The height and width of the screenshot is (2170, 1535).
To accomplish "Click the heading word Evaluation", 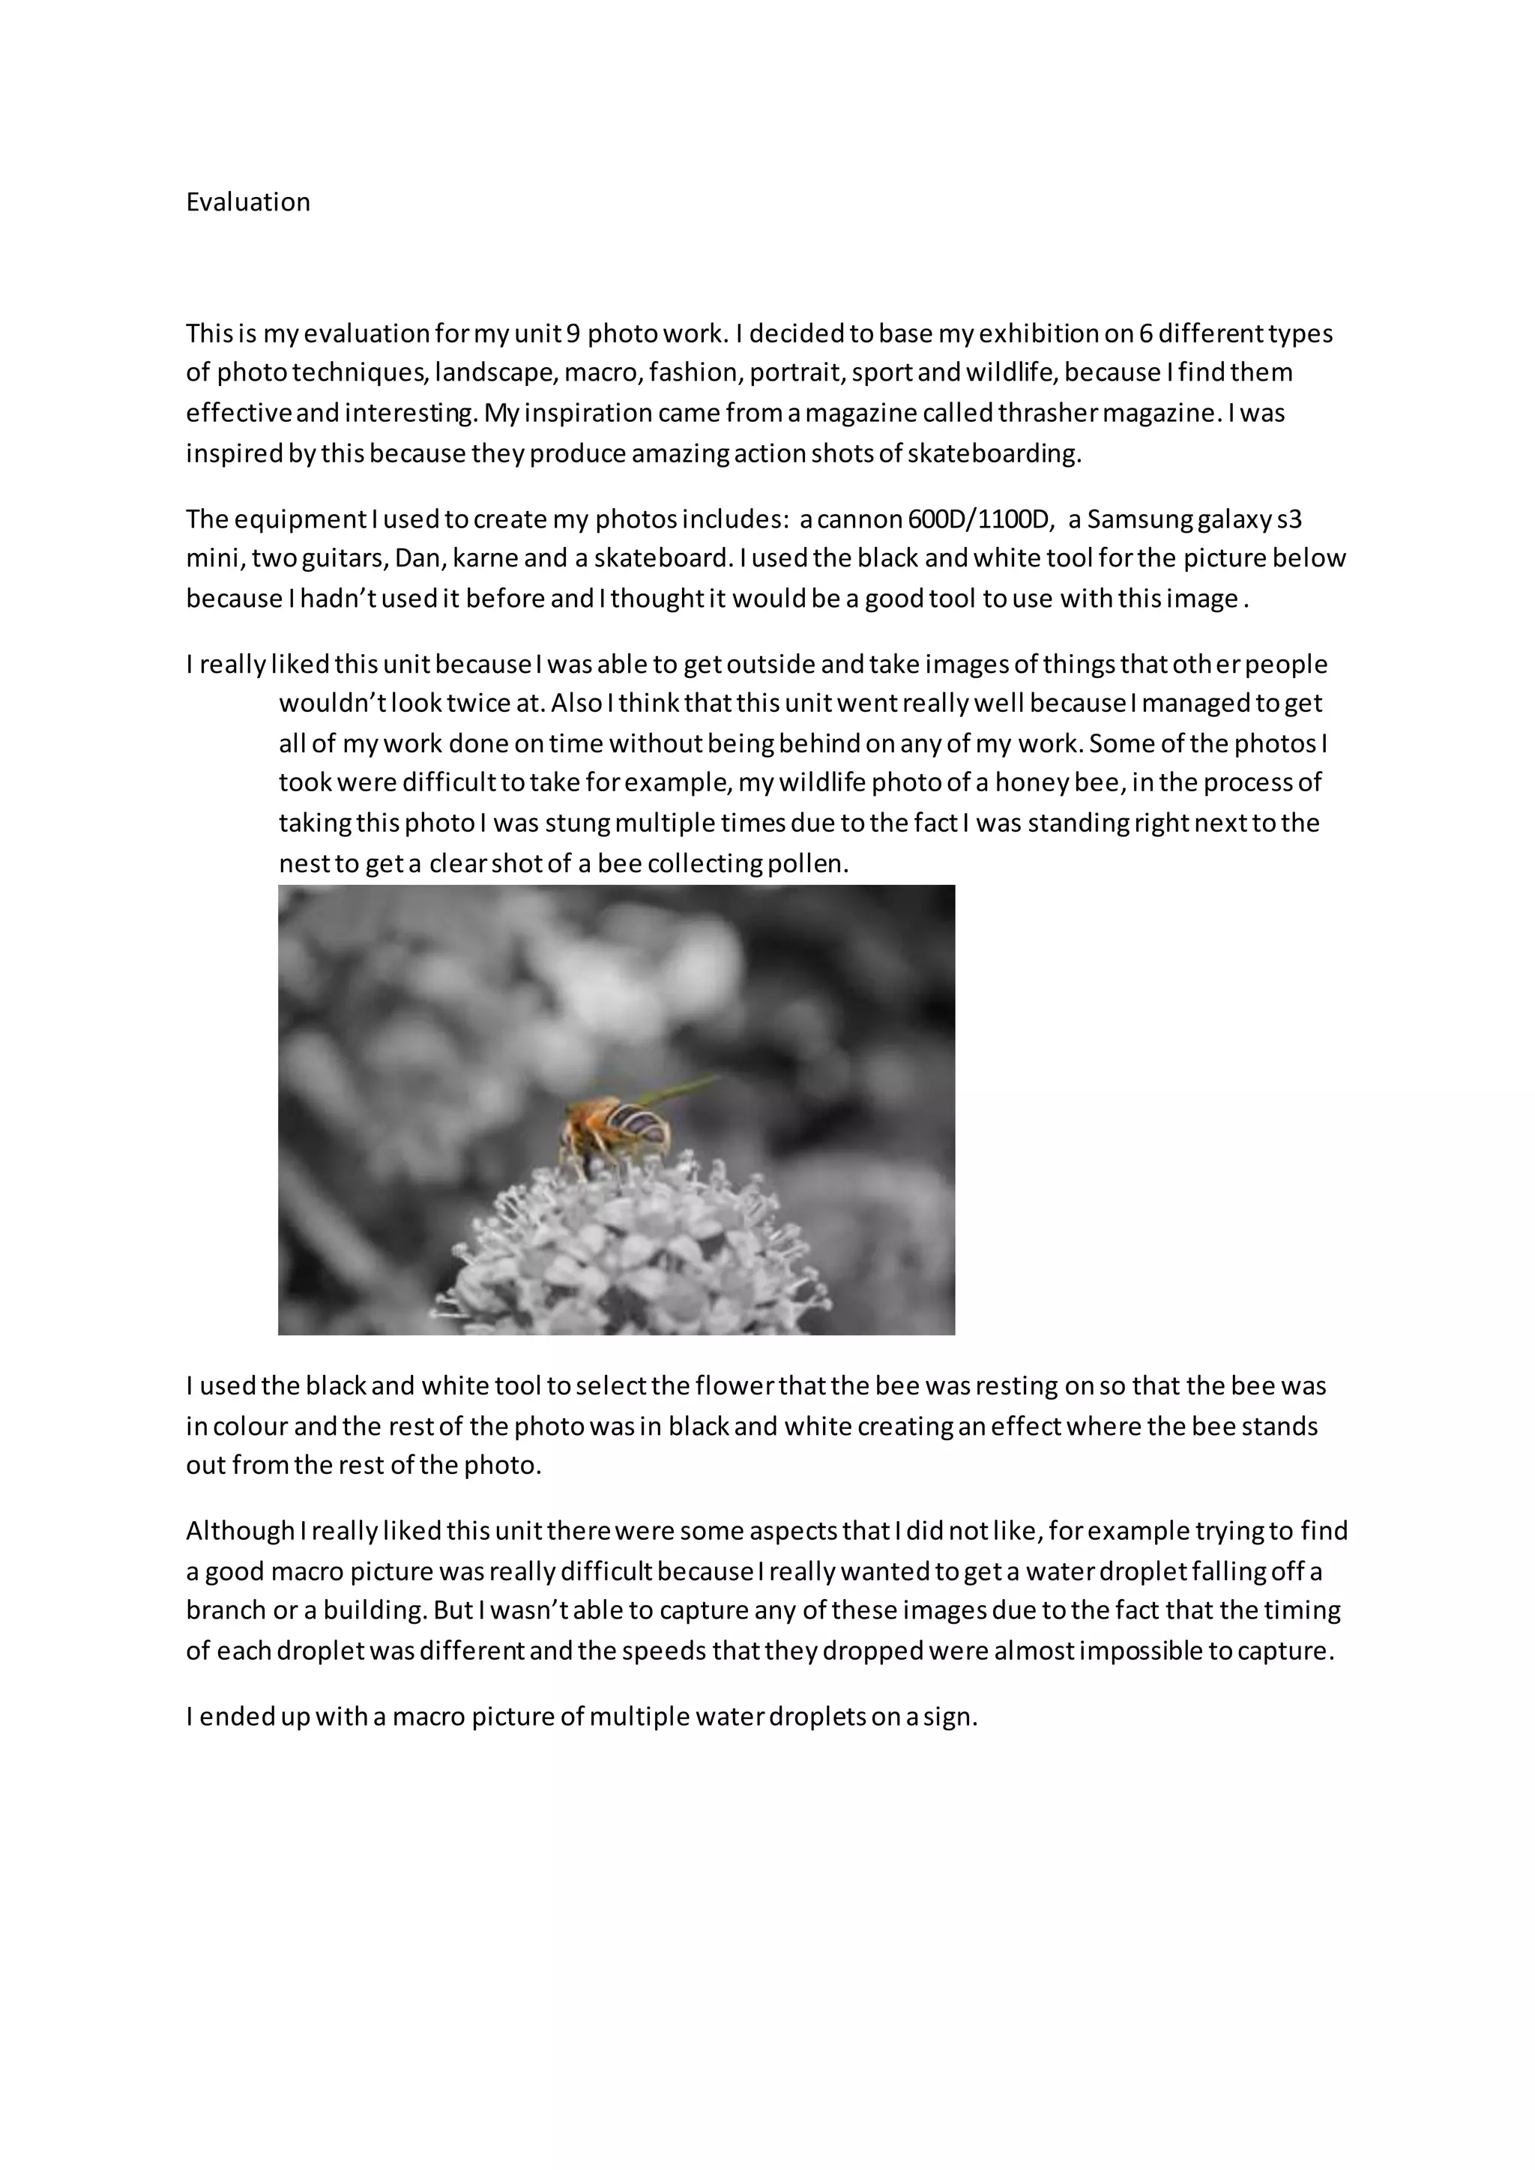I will click(247, 202).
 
